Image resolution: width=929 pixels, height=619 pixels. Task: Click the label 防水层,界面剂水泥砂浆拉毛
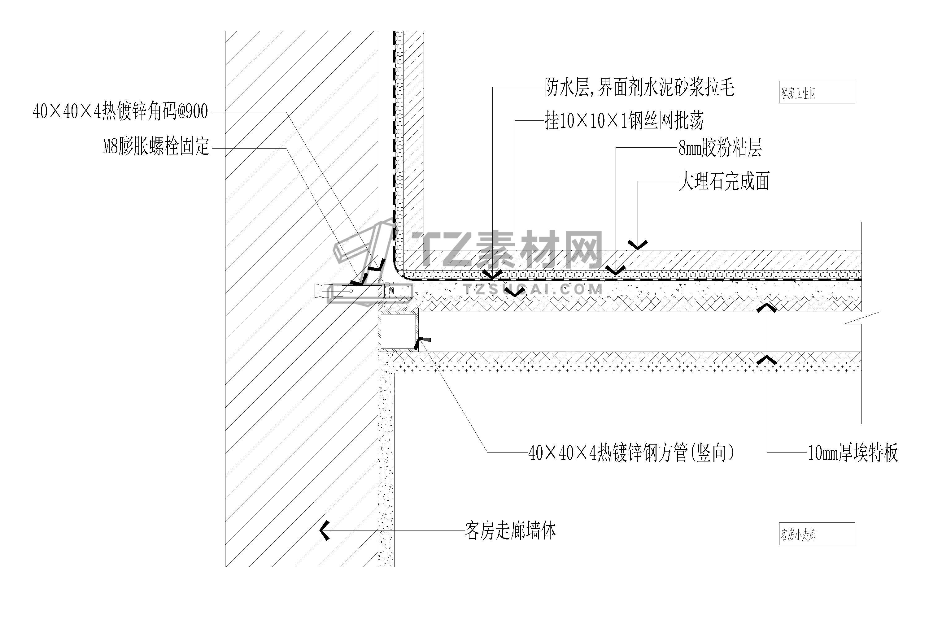coord(639,87)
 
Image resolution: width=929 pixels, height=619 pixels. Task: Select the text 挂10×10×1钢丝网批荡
coord(624,121)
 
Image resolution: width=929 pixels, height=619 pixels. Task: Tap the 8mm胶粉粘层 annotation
coord(720,148)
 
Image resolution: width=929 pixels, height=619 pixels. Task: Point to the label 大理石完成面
coord(724,182)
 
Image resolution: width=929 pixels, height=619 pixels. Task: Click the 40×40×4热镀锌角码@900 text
coord(120,112)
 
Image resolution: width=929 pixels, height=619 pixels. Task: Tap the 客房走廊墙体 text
coord(510,530)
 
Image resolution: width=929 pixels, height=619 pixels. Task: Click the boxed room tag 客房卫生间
coord(817,92)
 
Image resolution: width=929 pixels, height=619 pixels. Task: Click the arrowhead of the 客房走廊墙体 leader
coord(325,530)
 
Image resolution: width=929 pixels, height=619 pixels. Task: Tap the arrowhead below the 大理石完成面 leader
coord(638,245)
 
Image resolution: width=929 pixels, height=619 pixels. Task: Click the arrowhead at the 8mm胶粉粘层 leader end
coord(615,271)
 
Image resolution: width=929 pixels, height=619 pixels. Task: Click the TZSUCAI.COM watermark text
coord(533,290)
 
